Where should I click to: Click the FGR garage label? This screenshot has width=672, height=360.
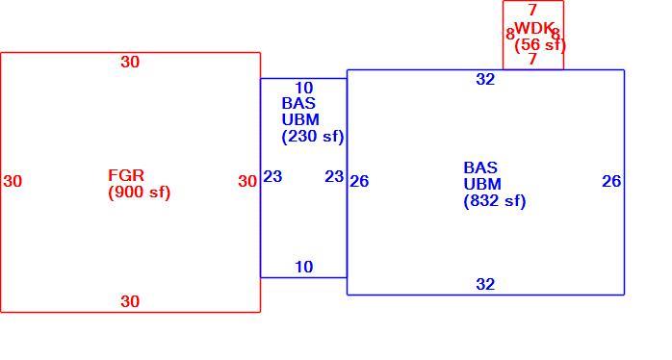point(126,175)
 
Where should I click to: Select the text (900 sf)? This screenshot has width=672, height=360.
point(140,193)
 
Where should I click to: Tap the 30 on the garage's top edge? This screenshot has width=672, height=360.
point(130,63)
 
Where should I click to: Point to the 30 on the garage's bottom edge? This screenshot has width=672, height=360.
point(130,301)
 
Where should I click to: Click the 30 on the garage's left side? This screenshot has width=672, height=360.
point(13,181)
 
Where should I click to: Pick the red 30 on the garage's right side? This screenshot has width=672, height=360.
point(247,181)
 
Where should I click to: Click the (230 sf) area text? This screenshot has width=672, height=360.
point(313,137)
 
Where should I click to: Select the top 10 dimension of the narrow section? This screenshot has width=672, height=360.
point(304,89)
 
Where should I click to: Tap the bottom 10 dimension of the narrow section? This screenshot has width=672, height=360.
point(304,267)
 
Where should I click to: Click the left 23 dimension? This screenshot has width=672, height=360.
point(272,176)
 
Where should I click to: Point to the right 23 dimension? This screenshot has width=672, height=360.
point(334,176)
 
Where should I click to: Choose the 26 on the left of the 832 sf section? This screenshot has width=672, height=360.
point(359,181)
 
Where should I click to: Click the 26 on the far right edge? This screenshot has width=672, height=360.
point(611,181)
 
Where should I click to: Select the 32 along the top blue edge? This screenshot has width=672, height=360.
point(485,79)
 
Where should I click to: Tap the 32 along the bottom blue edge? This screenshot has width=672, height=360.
point(485,284)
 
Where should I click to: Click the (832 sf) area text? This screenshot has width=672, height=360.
point(495,201)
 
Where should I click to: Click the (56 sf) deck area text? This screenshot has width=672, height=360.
point(540,45)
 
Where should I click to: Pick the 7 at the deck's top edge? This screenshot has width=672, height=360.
point(532,10)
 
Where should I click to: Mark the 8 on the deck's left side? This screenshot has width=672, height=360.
point(510,34)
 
